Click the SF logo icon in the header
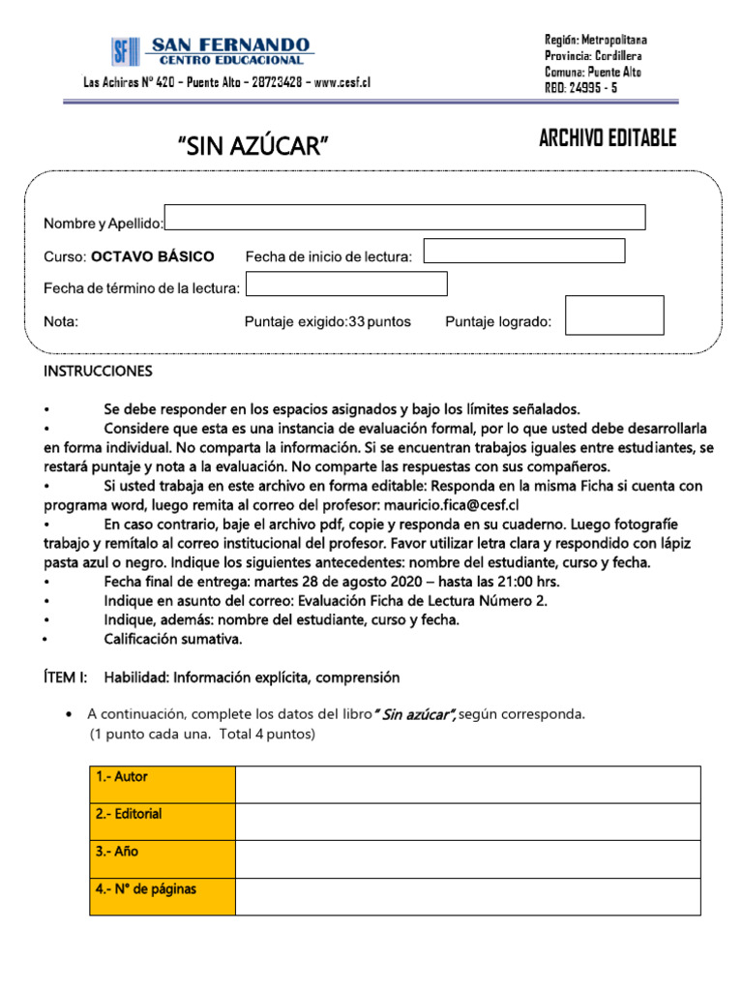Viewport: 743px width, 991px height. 125,51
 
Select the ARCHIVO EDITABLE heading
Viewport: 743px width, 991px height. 607,138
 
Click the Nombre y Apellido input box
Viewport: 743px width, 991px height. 404,218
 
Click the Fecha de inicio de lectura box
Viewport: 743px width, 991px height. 523,251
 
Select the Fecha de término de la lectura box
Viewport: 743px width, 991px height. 347,284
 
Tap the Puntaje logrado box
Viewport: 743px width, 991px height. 614,315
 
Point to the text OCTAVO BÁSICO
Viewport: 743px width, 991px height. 153,256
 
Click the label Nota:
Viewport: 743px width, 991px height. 61,322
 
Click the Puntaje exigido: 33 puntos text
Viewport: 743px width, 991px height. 327,322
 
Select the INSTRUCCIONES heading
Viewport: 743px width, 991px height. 98,372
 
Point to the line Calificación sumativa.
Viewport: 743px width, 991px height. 173,639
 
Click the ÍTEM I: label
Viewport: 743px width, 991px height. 66,677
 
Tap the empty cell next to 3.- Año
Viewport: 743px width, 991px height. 468,858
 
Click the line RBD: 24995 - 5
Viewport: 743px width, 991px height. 580,87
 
